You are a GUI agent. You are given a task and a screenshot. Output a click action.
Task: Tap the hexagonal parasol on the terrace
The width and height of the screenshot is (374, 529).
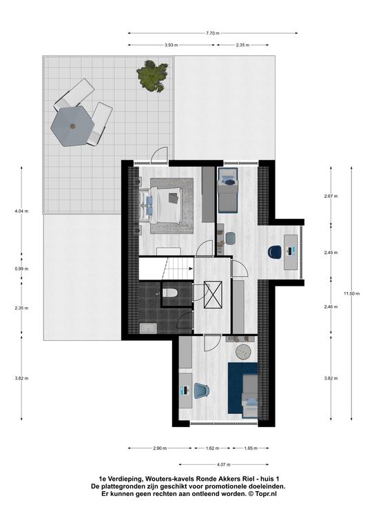click(x=72, y=126)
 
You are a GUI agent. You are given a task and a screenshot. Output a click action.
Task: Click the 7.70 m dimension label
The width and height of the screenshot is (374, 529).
click(x=213, y=33)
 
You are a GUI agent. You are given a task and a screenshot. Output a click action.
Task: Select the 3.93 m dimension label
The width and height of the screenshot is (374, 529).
click(x=172, y=45)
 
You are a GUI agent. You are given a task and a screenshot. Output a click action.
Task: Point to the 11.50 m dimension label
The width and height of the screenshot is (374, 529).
click(x=352, y=293)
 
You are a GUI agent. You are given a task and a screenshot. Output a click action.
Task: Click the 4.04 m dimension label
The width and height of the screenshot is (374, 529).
click(x=21, y=211)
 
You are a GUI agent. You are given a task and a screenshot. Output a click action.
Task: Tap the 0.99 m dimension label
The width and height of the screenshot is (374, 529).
click(x=21, y=269)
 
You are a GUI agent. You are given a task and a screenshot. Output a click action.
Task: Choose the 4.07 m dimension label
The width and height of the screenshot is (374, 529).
click(x=224, y=464)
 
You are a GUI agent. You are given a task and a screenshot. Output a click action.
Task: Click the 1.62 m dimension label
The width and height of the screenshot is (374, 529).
click(x=212, y=448)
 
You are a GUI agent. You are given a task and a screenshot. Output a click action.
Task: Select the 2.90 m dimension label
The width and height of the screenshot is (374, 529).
click(x=160, y=448)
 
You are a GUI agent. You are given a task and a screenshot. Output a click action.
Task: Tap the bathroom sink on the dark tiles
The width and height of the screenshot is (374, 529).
click(x=147, y=329)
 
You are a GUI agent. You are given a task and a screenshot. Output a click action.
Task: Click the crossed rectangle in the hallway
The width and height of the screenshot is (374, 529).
click(x=213, y=295)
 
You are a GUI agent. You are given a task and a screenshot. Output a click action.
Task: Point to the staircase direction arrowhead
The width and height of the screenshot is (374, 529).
click(x=191, y=269)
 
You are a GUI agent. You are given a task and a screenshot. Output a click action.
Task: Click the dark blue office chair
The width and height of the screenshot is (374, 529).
click(x=275, y=251)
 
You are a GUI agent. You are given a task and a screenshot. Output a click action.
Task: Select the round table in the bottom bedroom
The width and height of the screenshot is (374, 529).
click(x=243, y=352)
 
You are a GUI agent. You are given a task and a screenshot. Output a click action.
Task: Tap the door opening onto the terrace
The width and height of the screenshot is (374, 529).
click(x=159, y=156)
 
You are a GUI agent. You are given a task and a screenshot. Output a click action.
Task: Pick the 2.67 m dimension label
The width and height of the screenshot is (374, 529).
click(x=331, y=196)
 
